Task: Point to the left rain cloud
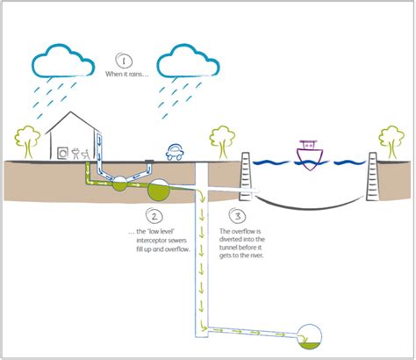click(x=64, y=61)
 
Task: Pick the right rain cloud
click(x=185, y=61)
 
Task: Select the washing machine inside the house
click(x=64, y=152)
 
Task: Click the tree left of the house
click(x=28, y=140)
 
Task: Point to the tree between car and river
click(x=220, y=140)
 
